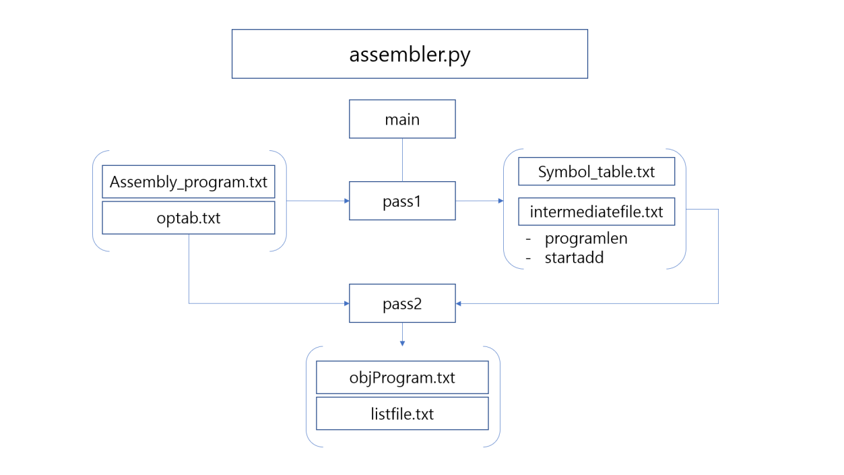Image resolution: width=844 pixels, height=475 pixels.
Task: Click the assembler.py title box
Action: [410, 54]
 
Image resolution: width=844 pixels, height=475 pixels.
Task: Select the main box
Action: [402, 119]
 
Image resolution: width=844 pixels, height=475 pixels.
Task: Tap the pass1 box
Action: [402, 200]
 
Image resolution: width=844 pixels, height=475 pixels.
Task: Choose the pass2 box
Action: [402, 303]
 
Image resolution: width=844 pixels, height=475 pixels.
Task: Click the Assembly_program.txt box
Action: [189, 182]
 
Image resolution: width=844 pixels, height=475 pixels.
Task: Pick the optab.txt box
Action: [189, 218]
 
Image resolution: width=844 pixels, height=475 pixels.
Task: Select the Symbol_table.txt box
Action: [596, 172]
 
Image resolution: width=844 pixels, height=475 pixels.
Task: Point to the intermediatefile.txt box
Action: [596, 212]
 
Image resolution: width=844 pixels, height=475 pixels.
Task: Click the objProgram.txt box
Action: [402, 377]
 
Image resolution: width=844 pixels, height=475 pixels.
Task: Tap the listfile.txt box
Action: [402, 413]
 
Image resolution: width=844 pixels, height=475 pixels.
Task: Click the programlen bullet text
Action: [586, 239]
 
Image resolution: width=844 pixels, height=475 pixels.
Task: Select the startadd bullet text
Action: [574, 257]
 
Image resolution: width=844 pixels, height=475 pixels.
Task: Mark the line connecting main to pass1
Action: [402, 160]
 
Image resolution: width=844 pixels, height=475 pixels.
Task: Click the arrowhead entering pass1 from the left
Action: [346, 201]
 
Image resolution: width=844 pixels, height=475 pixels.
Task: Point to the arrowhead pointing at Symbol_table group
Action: [500, 201]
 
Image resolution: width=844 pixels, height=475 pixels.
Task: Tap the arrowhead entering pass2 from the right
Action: [459, 303]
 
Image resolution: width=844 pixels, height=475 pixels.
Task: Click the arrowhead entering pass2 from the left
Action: [346, 303]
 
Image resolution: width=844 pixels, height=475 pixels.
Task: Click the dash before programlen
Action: [529, 239]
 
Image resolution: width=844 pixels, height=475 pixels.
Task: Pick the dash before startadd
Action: [529, 257]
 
